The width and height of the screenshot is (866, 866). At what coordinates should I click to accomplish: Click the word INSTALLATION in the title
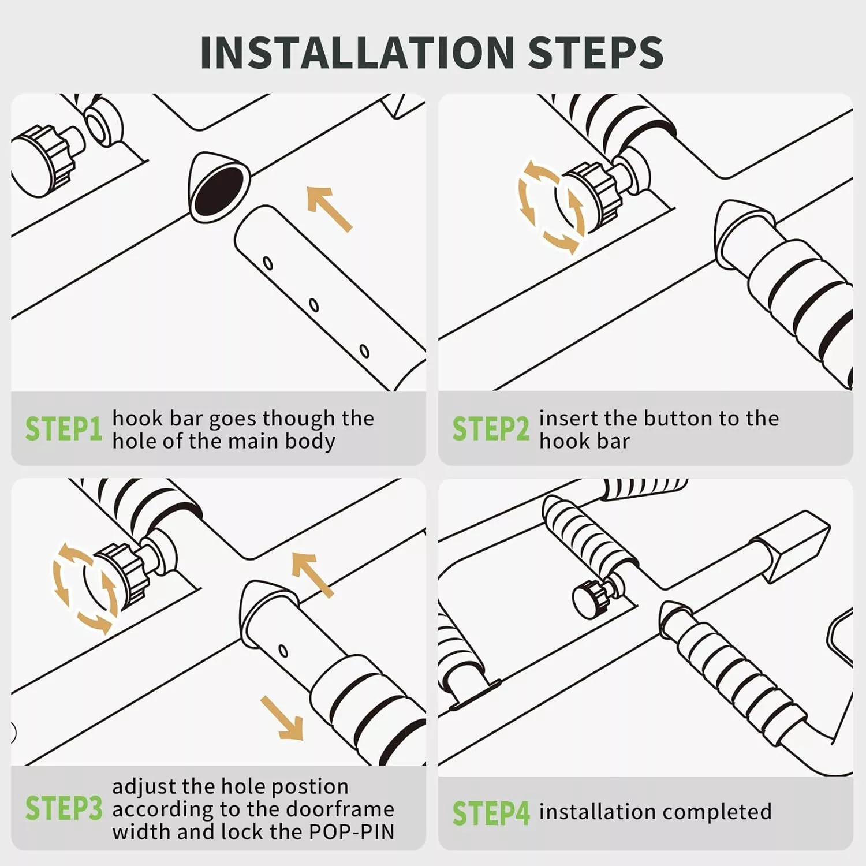(357, 52)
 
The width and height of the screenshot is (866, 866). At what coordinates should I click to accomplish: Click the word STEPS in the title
(595, 52)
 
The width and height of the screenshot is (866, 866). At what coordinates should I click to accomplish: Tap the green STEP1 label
(64, 429)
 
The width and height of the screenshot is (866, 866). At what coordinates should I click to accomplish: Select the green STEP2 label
(491, 429)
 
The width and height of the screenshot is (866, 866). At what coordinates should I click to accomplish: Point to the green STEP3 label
(64, 808)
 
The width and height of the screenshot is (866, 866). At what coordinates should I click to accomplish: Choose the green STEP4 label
(491, 813)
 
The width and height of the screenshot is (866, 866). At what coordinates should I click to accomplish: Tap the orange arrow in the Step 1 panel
(329, 208)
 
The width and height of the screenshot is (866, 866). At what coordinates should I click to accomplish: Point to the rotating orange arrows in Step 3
(84, 588)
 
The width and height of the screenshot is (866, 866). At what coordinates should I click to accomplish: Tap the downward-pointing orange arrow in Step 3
(282, 718)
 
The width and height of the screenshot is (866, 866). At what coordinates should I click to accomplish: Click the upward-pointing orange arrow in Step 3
(312, 574)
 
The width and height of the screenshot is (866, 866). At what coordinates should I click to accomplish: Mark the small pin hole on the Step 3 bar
(283, 651)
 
